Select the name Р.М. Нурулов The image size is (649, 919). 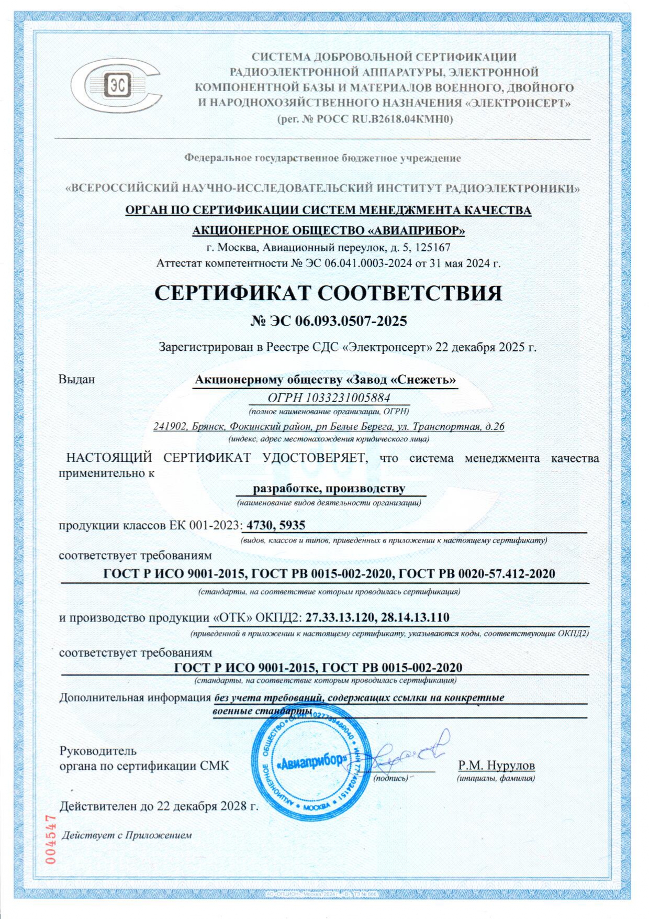pyautogui.click(x=496, y=766)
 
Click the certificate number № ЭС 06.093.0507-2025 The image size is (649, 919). pyautogui.click(x=328, y=321)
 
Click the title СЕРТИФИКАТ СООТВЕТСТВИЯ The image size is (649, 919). pyautogui.click(x=328, y=293)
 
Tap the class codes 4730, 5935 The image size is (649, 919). pyautogui.click(x=276, y=525)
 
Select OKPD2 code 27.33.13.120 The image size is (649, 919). pyautogui.click(x=340, y=617)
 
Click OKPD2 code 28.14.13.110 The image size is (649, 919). pyautogui.click(x=415, y=617)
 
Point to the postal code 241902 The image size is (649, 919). pyautogui.click(x=170, y=426)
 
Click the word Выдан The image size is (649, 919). pyautogui.click(x=76, y=379)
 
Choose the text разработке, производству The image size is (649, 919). pyautogui.click(x=329, y=489)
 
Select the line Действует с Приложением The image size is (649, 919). pyautogui.click(x=127, y=835)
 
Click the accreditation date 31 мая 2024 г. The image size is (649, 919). pyautogui.click(x=465, y=263)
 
